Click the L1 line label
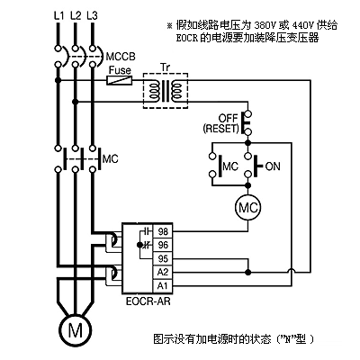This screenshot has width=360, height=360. (x=58, y=15)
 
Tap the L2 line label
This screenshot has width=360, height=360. (x=76, y=15)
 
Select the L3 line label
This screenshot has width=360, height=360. (x=93, y=15)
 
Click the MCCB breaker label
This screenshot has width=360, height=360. (x=121, y=57)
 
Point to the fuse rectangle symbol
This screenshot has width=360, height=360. (x=120, y=80)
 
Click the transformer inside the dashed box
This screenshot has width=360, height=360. (x=166, y=91)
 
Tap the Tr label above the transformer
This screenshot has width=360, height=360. (x=165, y=67)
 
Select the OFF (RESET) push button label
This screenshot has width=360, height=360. (x=220, y=123)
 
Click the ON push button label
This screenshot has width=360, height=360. (x=273, y=166)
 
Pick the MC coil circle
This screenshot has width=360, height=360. (x=247, y=207)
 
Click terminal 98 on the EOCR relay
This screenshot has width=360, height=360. (x=163, y=231)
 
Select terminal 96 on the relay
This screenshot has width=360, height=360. (x=163, y=245)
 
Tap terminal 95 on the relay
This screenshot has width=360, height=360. (x=163, y=258)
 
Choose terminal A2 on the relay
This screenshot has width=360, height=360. (x=163, y=272)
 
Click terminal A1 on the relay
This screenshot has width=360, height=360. (x=163, y=285)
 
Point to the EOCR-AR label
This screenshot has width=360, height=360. (x=148, y=301)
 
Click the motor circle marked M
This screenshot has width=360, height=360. (x=75, y=330)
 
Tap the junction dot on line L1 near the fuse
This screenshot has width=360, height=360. (x=58, y=80)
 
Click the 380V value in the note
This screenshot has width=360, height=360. (x=265, y=25)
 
